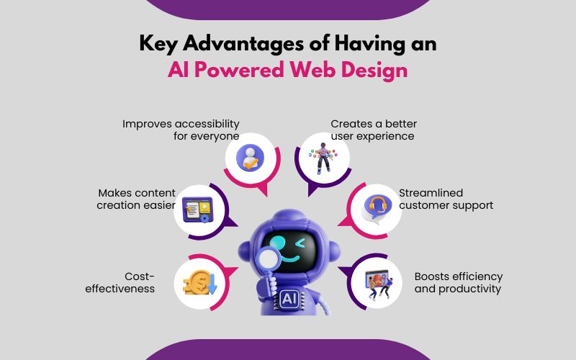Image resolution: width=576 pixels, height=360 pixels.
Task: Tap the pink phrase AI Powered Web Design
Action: click(x=288, y=70)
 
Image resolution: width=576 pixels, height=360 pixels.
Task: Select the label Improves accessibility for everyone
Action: click(x=181, y=130)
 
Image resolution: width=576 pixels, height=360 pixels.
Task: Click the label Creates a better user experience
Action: click(x=374, y=130)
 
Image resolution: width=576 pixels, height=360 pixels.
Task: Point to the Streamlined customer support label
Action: click(x=446, y=199)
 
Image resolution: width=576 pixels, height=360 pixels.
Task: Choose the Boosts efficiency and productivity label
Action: click(x=459, y=283)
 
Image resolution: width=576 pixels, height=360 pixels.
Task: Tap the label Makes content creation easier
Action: click(x=137, y=199)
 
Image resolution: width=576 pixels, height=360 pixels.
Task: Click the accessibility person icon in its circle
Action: click(x=250, y=158)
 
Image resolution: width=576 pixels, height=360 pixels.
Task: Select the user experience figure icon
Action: click(x=324, y=158)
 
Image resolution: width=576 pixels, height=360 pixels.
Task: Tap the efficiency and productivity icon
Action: click(x=374, y=284)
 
